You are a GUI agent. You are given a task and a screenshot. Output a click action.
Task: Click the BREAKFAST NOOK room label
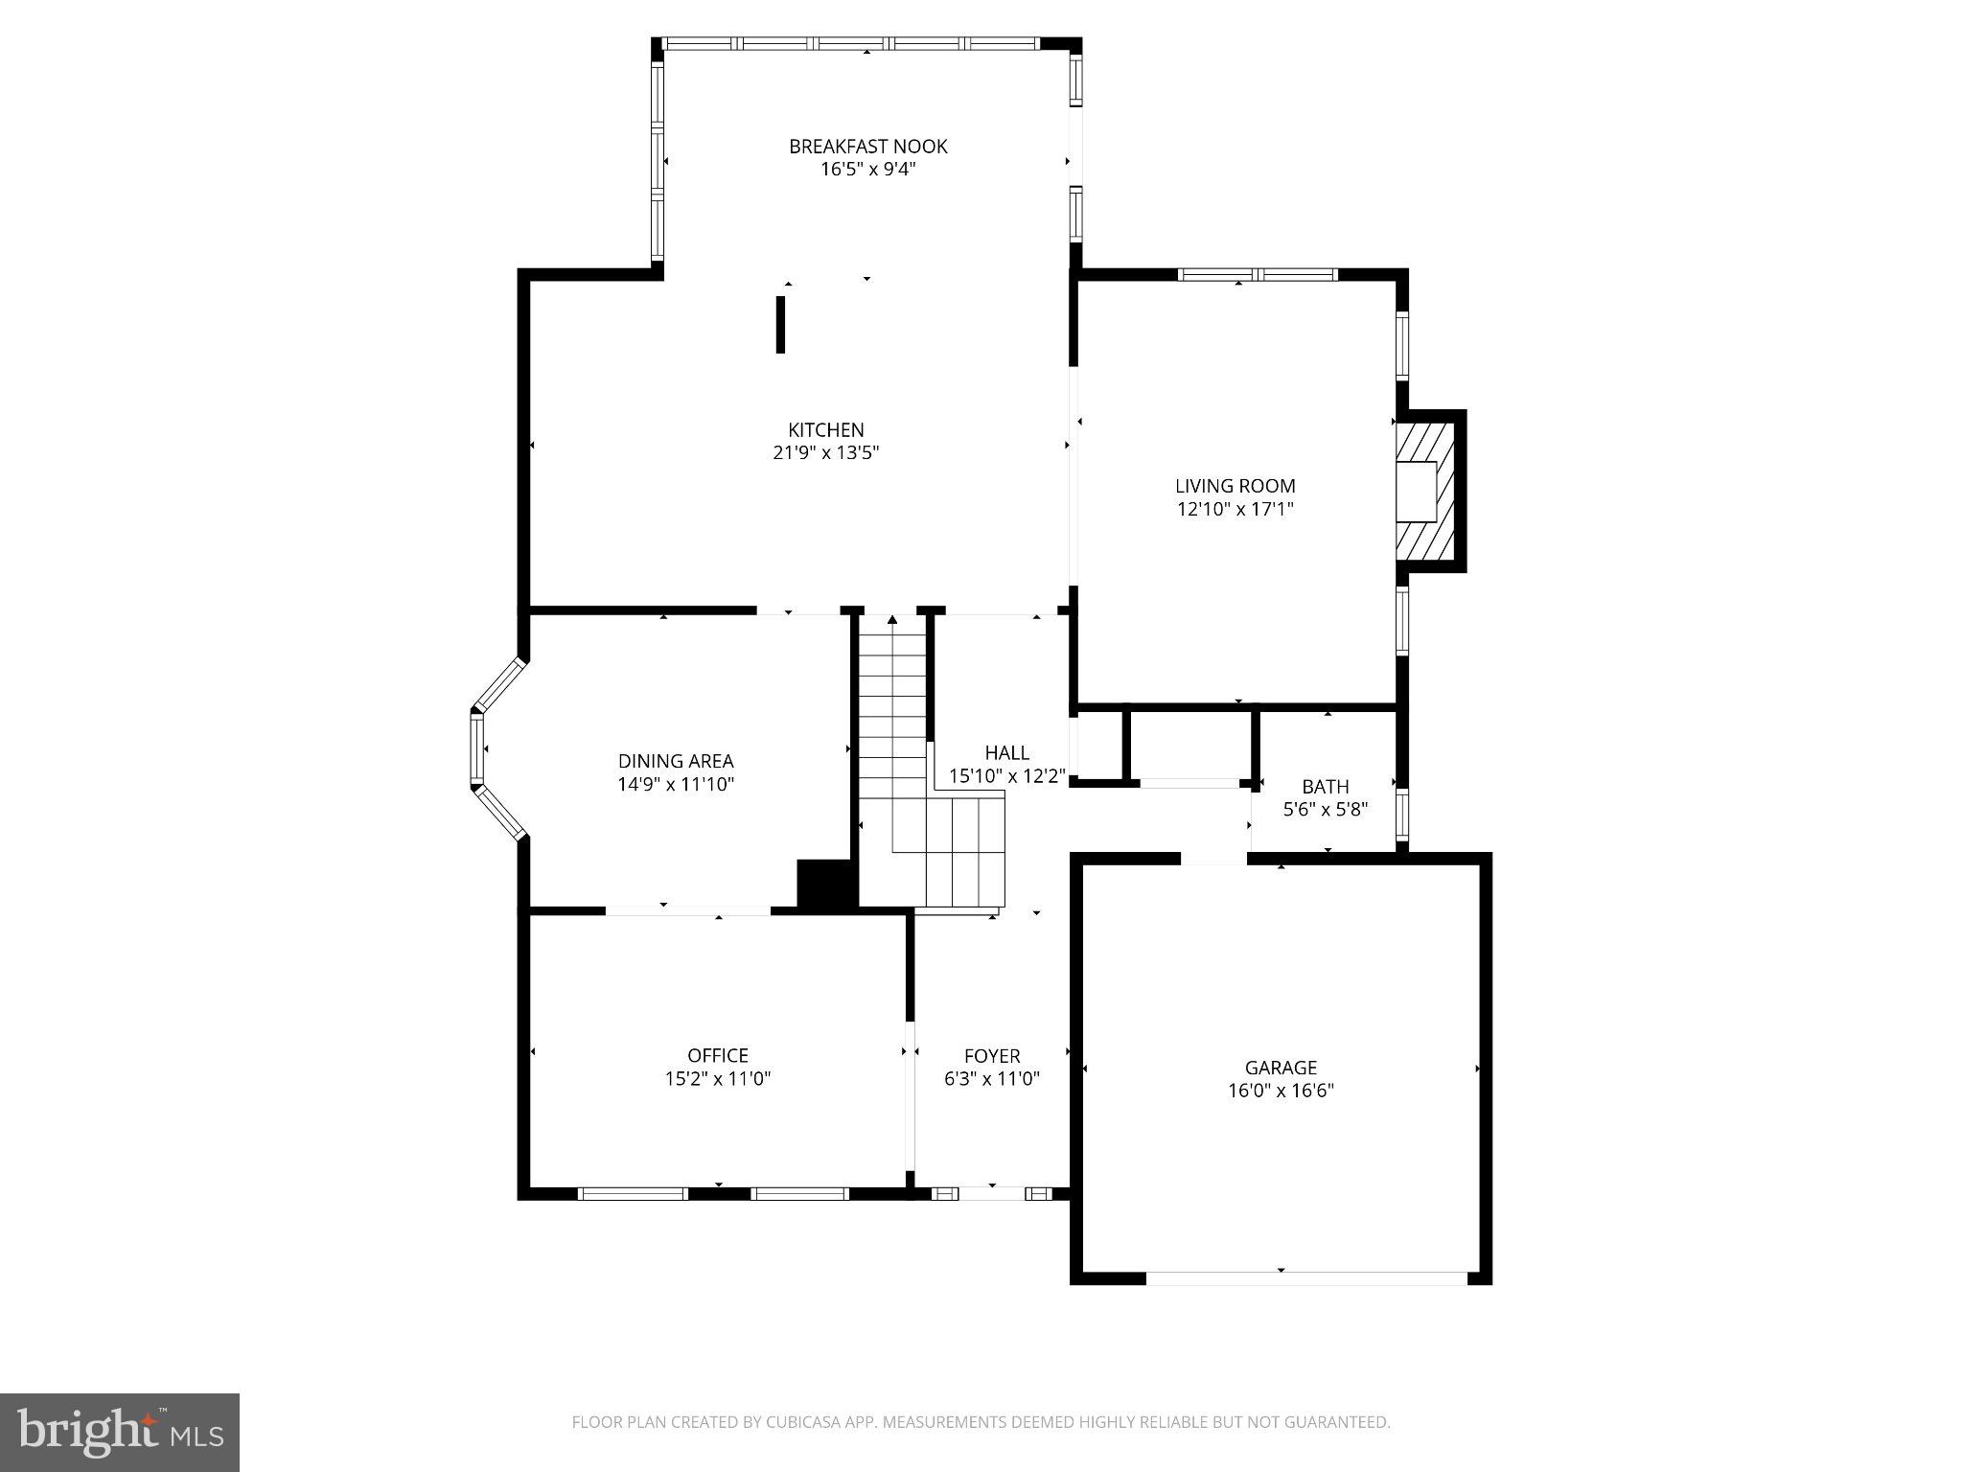[867, 147]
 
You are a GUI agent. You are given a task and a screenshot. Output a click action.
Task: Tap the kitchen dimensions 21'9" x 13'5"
[825, 453]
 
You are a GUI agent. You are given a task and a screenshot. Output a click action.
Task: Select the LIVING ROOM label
[1235, 486]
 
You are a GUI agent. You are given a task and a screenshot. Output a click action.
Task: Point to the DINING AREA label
[676, 761]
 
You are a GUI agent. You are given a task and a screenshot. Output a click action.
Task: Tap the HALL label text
[1006, 753]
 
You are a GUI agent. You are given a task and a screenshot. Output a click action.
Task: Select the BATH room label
[1325, 787]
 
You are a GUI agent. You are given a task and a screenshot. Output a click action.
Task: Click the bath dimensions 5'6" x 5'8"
[1325, 810]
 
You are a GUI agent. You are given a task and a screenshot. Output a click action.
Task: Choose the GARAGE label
[1281, 1068]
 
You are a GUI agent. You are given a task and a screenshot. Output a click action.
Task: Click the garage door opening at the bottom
[1305, 1277]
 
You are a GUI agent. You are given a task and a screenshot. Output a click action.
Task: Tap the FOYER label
[991, 1056]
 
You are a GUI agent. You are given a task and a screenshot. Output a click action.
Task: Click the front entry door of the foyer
[991, 1193]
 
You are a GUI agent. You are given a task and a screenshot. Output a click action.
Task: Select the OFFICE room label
[717, 1056]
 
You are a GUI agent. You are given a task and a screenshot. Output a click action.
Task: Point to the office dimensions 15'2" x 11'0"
[717, 1079]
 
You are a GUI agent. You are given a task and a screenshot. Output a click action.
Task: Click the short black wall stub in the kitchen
[780, 325]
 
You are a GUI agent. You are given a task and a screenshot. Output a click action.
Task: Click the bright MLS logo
[119, 1432]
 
